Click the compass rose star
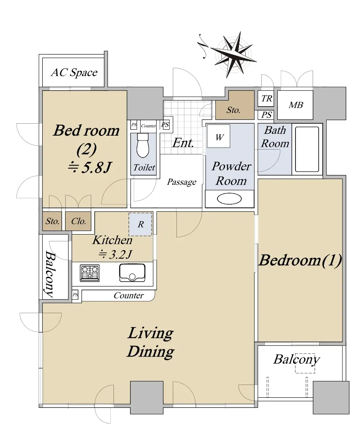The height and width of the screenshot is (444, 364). (234, 54)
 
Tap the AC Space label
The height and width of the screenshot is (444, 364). (74, 73)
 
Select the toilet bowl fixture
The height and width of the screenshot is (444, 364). (143, 145)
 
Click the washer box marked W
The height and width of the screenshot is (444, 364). (219, 136)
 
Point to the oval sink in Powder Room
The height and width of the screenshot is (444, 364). (229, 199)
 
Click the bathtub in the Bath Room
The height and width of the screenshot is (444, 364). (307, 149)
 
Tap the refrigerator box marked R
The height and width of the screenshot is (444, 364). (141, 224)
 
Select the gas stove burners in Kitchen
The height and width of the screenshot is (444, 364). (90, 273)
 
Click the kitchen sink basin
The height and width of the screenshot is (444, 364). (132, 273)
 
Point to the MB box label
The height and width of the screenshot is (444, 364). (296, 105)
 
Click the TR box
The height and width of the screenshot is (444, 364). (266, 98)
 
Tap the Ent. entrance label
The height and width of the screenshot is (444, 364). (183, 143)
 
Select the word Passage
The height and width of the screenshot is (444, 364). (182, 182)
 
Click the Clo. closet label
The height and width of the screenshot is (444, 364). (78, 221)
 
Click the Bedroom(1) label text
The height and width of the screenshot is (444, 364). (300, 260)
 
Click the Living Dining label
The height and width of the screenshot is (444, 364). (151, 342)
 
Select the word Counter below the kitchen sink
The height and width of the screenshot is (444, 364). (129, 295)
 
